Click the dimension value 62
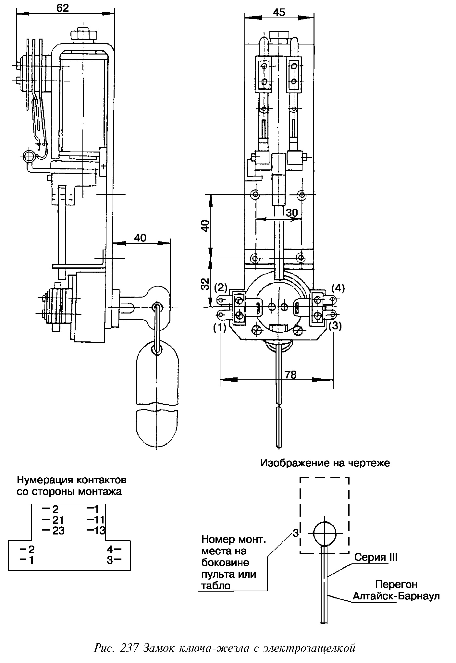[63, 8]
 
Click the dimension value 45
[279, 13]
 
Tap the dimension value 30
[292, 213]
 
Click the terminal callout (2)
[221, 287]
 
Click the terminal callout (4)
[338, 288]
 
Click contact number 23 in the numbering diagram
[58, 531]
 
